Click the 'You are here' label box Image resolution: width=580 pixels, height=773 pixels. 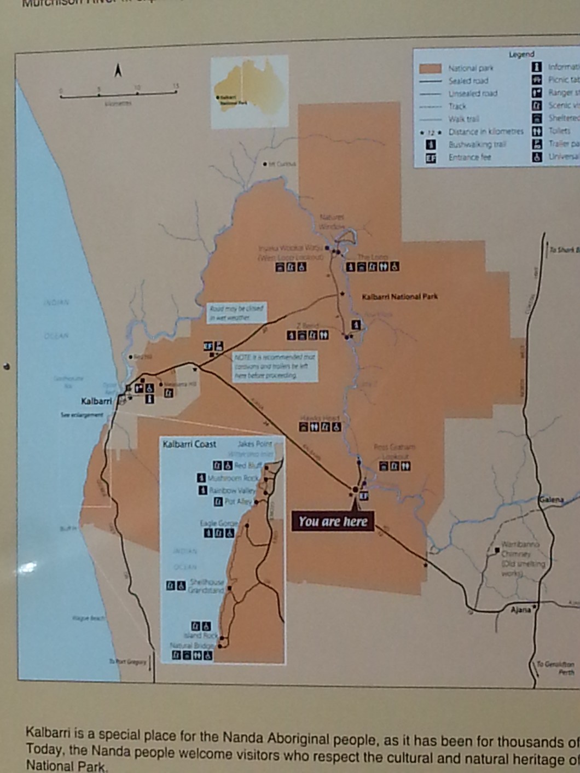[x=333, y=521]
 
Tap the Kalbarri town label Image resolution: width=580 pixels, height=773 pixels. [x=96, y=402]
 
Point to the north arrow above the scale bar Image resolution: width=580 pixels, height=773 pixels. [x=118, y=71]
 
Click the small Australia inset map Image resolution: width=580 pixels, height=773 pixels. [x=250, y=93]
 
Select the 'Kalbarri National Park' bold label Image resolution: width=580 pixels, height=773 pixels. [x=400, y=297]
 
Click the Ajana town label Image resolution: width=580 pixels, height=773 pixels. [x=520, y=609]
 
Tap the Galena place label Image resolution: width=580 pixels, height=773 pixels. [x=550, y=500]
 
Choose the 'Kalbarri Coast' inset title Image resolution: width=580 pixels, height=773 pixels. [x=189, y=444]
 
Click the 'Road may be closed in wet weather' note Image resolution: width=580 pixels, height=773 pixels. [x=236, y=313]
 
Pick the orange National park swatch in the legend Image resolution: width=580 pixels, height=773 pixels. [x=430, y=69]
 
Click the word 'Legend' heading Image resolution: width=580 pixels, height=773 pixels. [x=521, y=54]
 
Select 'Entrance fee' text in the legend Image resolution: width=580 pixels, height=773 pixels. [x=469, y=158]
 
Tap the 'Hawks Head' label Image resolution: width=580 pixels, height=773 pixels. [x=320, y=419]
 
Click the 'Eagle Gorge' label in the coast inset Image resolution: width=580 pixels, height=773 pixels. [x=218, y=524]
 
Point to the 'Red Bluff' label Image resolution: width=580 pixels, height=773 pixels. [x=247, y=466]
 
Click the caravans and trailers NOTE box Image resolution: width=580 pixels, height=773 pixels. [x=274, y=367]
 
